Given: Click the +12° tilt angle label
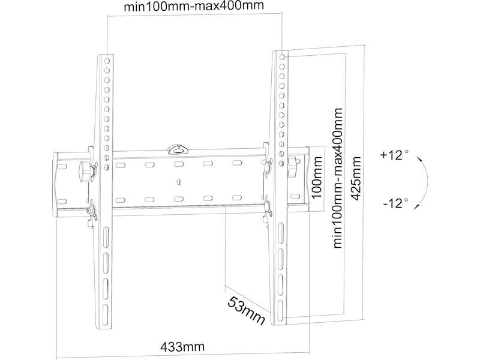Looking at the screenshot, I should coord(394,155).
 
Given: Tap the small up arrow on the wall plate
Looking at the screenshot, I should coord(178,181).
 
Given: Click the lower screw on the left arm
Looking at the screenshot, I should coord(92,211).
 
